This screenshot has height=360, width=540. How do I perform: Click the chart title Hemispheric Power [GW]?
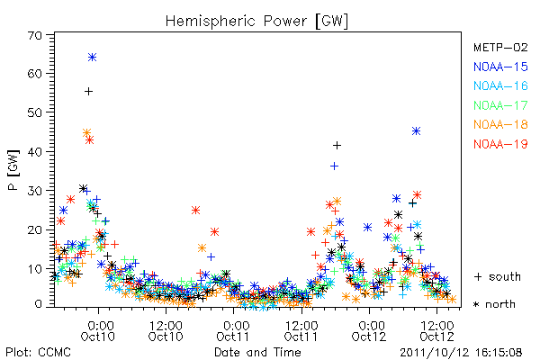tap(256, 22)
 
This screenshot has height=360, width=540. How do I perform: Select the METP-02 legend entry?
tap(500, 47)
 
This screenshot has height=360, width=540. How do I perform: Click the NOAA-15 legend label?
tap(500, 67)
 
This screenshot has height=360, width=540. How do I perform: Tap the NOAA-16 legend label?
tap(500, 85)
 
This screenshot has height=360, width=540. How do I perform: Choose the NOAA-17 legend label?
tap(500, 105)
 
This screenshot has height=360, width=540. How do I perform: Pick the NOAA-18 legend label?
tap(500, 124)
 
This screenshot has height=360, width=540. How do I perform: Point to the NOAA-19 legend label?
tap(500, 144)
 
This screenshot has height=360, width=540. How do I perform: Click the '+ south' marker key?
tap(498, 276)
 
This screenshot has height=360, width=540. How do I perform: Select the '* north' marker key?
tap(494, 304)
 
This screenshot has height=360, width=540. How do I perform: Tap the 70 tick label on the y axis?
tap(35, 35)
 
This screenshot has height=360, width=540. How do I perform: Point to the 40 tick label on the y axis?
tap(35, 151)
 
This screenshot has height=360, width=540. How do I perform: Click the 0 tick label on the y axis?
tap(39, 304)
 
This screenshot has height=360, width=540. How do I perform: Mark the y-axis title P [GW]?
tap(13, 170)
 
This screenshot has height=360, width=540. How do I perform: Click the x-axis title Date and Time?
tap(257, 352)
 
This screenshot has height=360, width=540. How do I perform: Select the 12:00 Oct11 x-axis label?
tap(301, 331)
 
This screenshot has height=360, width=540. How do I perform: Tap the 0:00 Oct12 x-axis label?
tap(369, 331)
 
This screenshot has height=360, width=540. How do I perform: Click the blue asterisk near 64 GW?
tap(92, 58)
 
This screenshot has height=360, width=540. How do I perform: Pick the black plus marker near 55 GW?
tap(88, 91)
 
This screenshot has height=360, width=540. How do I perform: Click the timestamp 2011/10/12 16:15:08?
tap(461, 353)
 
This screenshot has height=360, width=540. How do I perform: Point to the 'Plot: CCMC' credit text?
tap(38, 353)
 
